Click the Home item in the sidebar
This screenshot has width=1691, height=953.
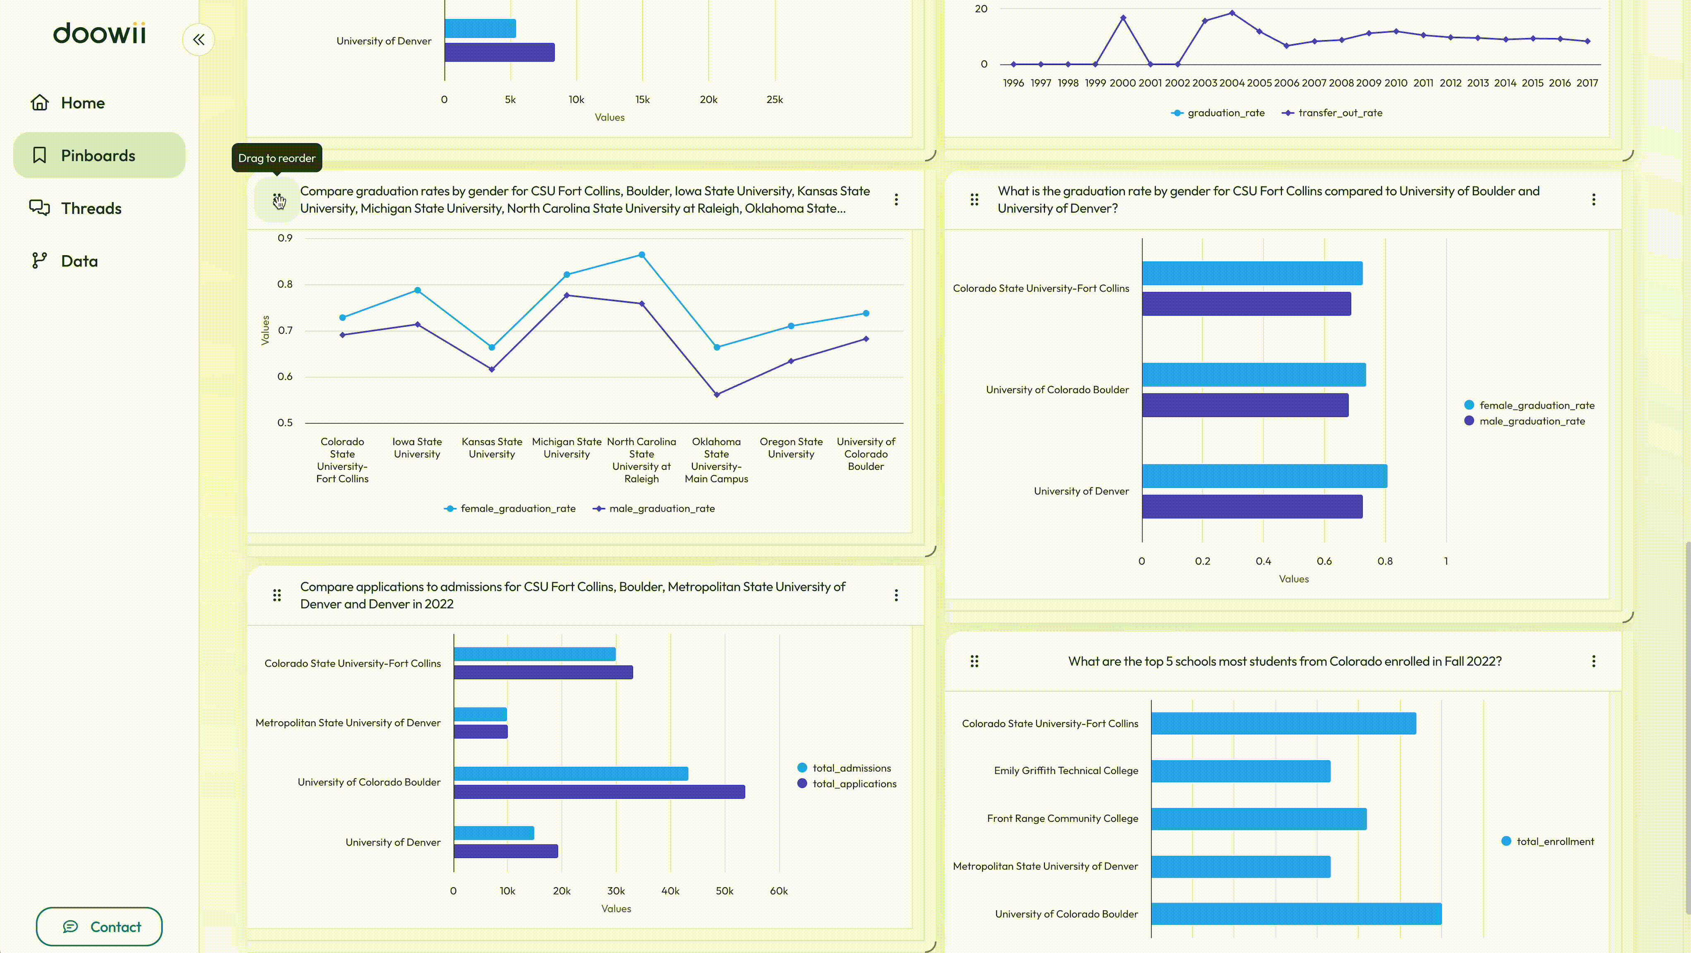point(67,103)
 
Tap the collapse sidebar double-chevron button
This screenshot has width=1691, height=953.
point(198,39)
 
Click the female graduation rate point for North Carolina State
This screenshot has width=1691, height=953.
point(641,255)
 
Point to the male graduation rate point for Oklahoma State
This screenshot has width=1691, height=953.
point(716,395)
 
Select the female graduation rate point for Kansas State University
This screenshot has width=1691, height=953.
point(492,347)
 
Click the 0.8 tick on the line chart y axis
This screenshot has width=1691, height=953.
point(285,284)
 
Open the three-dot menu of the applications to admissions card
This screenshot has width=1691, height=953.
point(896,595)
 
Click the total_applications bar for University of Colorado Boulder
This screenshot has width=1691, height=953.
point(599,792)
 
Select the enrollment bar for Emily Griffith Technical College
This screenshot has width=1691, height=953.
point(1241,771)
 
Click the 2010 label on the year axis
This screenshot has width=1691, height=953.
point(1396,83)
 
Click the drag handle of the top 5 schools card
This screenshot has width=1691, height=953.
point(974,661)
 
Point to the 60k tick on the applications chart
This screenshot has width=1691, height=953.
point(778,891)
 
